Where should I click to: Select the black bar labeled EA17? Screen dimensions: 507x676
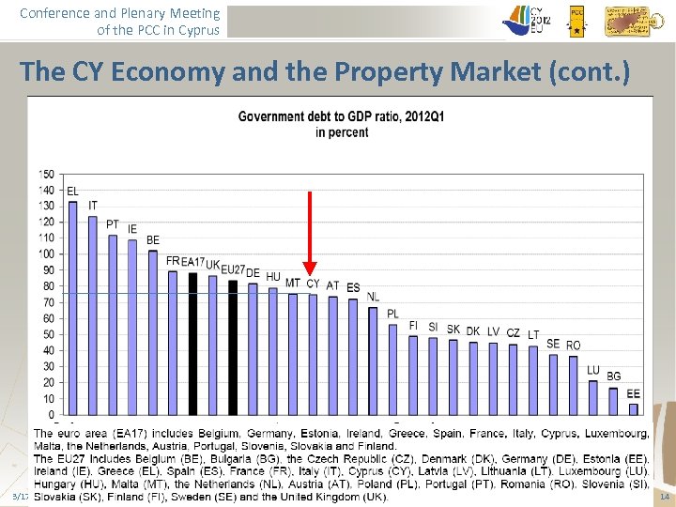[x=192, y=343]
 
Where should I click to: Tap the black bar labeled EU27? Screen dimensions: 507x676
[x=233, y=346]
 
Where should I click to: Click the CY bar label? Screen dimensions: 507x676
[x=313, y=284]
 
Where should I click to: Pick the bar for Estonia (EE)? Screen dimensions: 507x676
[x=634, y=408]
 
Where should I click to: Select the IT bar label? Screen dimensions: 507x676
[x=93, y=206]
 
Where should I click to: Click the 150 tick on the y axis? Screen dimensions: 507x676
[x=46, y=174]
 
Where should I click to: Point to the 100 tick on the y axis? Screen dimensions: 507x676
[x=46, y=253]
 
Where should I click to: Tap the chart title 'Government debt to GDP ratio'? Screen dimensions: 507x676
[x=342, y=116]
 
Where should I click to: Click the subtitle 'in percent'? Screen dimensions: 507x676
[x=342, y=132]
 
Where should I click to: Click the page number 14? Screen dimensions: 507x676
[x=665, y=497]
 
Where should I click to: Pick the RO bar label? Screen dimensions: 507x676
[x=574, y=346]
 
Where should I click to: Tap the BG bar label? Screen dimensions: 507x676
[x=614, y=376]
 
